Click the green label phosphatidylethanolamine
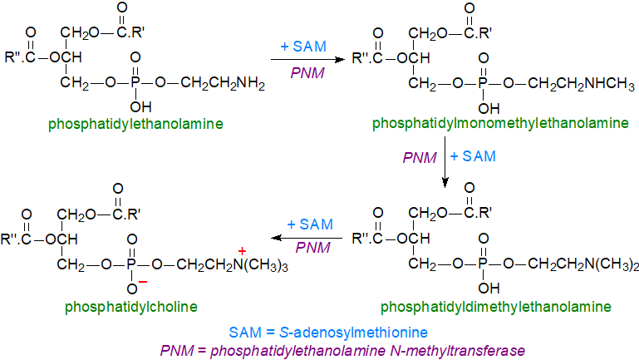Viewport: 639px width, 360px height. click(x=135, y=124)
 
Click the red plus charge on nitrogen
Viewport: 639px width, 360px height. click(x=243, y=250)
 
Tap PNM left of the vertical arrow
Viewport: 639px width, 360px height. click(x=420, y=157)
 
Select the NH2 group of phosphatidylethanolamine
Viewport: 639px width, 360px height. click(x=249, y=84)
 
